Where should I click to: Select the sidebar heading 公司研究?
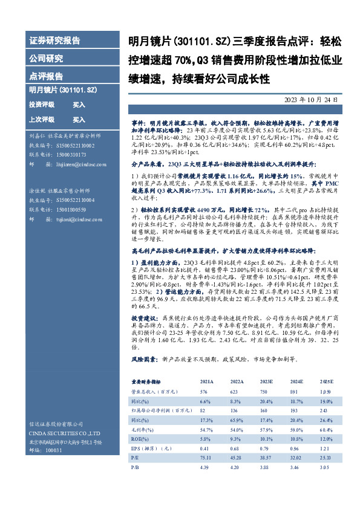46,59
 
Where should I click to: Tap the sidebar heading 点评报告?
46,76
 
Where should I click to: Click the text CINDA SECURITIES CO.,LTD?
65,433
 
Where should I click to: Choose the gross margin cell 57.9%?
266,429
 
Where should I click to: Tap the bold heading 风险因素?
144,358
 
